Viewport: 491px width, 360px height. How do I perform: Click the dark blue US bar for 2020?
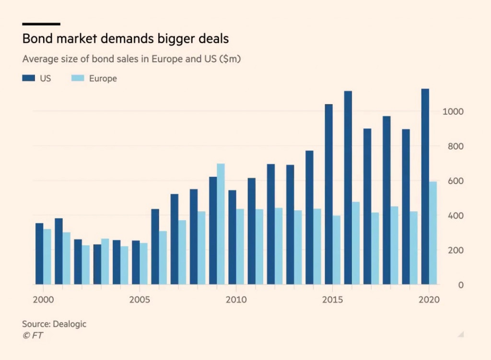[x=425, y=186]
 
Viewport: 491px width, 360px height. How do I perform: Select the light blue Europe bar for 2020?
[x=433, y=233]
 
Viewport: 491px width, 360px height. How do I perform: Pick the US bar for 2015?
[x=328, y=194]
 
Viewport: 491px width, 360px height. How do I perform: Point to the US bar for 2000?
[x=39, y=254]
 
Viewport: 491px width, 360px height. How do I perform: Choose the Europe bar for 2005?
[x=143, y=264]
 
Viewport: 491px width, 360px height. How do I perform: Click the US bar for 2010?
[x=232, y=237]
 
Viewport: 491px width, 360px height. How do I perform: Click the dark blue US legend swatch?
[x=28, y=78]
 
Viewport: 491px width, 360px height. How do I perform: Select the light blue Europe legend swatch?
[x=77, y=78]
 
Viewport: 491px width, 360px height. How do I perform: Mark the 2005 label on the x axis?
[x=139, y=300]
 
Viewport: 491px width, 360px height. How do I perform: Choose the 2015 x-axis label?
[x=332, y=300]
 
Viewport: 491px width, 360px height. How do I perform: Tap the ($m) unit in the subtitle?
[x=230, y=59]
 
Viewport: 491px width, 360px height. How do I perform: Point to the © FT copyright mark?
[x=33, y=336]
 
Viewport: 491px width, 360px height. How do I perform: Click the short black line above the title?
[x=41, y=23]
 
